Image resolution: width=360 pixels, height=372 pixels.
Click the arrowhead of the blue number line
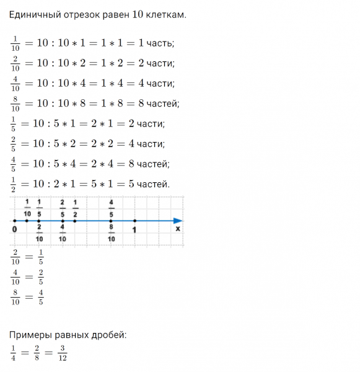click(x=178, y=221)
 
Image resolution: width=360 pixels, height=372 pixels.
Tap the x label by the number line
click(x=178, y=229)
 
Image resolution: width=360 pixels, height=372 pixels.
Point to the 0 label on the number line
click(x=14, y=229)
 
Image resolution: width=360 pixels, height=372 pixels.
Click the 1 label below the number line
click(x=135, y=229)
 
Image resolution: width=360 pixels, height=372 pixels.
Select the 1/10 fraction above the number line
click(x=27, y=208)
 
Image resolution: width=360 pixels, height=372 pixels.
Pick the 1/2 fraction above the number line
click(x=75, y=208)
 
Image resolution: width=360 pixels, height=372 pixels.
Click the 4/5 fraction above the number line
click(x=111, y=208)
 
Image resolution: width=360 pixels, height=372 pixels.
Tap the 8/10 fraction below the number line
click(x=111, y=234)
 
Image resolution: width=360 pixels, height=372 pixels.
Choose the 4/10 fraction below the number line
click(x=63, y=234)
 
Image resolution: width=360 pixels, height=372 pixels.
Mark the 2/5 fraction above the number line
click(x=63, y=208)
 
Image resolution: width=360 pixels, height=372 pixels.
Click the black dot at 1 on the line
click(x=135, y=221)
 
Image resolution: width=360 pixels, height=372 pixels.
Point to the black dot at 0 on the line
click(x=14, y=221)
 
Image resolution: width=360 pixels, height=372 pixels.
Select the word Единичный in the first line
click(x=35, y=14)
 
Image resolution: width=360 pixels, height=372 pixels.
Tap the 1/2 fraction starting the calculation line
click(x=14, y=184)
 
